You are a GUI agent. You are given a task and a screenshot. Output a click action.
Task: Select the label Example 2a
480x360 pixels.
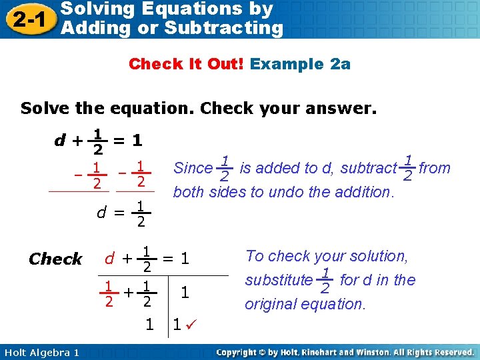click(x=301, y=64)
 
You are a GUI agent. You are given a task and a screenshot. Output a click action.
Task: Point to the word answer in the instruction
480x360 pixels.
click(x=343, y=109)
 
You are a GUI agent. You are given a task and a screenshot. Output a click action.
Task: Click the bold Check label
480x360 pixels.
click(x=56, y=259)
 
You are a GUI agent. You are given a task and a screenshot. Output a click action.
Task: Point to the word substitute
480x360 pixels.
click(x=278, y=280)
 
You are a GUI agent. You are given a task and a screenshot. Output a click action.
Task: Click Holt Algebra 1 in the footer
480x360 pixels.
click(x=41, y=352)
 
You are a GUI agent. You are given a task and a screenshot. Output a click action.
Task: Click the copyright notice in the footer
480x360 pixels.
click(x=346, y=352)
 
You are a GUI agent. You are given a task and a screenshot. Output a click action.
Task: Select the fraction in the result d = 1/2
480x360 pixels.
click(x=141, y=213)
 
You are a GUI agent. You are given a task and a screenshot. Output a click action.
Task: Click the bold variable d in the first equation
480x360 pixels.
click(x=60, y=141)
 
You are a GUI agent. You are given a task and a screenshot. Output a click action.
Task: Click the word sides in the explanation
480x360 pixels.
click(x=231, y=192)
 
